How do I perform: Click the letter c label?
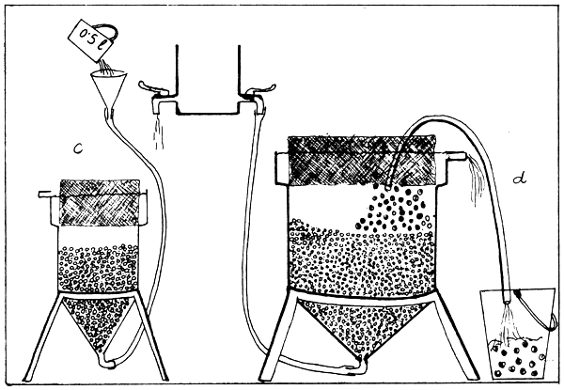78,148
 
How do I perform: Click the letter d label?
520,178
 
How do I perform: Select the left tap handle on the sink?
153,86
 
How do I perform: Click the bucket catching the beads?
518,333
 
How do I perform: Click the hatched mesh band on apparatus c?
100,202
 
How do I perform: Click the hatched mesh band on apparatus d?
362,161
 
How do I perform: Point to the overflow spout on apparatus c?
46,195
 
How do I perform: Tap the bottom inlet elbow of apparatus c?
108,363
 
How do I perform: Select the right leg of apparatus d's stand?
454,334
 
